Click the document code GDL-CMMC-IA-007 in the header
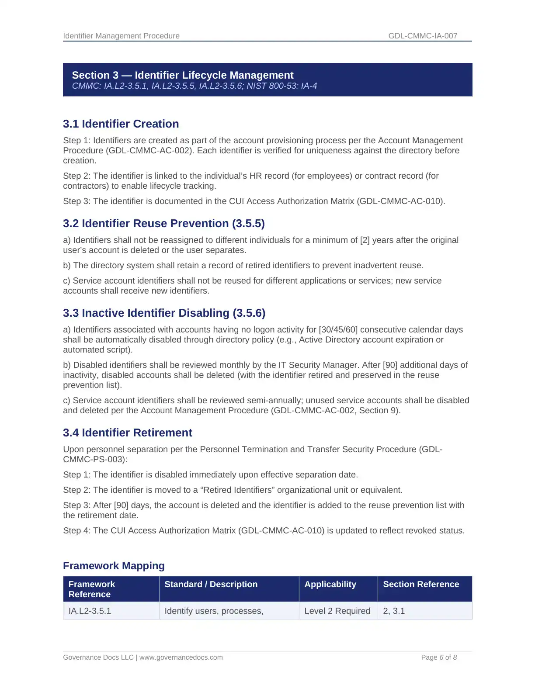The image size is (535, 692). tap(423, 36)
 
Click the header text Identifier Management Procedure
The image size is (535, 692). tap(121, 36)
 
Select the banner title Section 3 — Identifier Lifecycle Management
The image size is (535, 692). tap(183, 75)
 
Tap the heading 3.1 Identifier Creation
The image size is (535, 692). tap(121, 124)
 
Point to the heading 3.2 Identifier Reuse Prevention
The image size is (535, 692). tap(164, 223)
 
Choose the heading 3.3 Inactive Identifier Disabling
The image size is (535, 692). tap(164, 313)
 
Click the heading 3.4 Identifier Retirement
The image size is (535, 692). tap(128, 432)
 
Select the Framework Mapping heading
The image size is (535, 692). tap(114, 566)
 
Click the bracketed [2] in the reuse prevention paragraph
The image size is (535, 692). tap(365, 240)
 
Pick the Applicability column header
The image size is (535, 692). tap(330, 584)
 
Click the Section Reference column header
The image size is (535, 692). tap(421, 584)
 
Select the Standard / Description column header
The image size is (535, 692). tap(211, 584)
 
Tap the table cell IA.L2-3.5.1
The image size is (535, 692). tap(90, 611)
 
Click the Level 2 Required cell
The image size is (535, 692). tap(337, 611)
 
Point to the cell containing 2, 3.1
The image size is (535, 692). tap(394, 611)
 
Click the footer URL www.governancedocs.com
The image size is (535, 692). tap(181, 657)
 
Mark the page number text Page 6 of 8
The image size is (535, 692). tap(439, 657)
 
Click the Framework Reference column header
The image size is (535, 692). tap(92, 589)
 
